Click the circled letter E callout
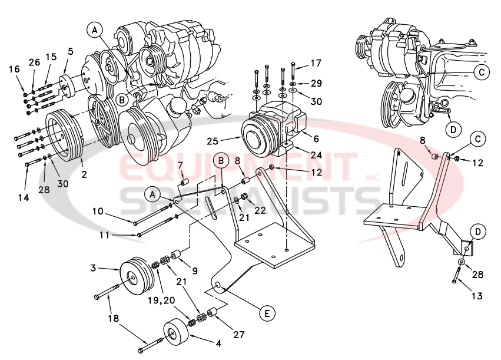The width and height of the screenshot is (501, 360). [x=267, y=313]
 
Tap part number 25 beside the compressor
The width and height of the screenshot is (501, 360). [x=214, y=141]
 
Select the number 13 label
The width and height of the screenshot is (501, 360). [x=476, y=296]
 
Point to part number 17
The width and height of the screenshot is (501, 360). [x=316, y=64]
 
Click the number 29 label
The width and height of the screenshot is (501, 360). [x=316, y=83]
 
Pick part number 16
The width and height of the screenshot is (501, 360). [x=15, y=70]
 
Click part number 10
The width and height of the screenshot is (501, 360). [x=98, y=211]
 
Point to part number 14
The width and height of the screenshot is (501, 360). [x=23, y=198]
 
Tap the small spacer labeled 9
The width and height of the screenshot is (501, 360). [x=175, y=257]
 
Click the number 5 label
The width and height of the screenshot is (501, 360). [x=70, y=51]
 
